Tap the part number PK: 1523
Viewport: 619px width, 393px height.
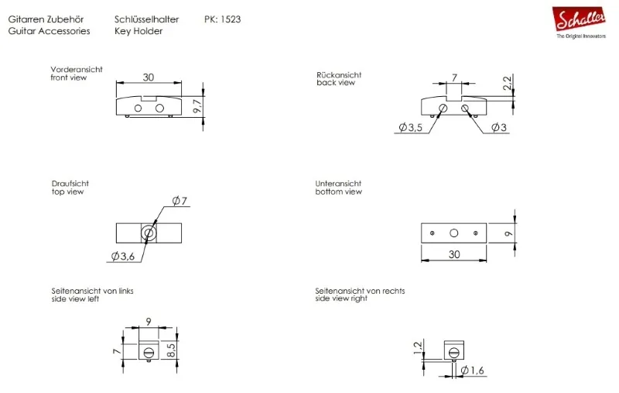[x=222, y=19]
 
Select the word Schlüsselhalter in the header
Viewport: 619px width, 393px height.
[x=146, y=19]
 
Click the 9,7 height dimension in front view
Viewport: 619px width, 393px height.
[x=197, y=106]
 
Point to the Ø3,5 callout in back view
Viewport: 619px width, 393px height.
[x=411, y=127]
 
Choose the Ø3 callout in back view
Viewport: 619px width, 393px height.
[x=499, y=127]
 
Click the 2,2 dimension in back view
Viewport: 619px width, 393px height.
[x=508, y=83]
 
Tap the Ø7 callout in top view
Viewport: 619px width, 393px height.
[x=180, y=201]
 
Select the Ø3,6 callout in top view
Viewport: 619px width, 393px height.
[x=123, y=257]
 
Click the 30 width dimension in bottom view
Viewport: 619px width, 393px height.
[x=454, y=254]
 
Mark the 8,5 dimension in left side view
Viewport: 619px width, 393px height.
[x=171, y=350]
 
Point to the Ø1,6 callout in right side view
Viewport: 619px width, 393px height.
[x=472, y=371]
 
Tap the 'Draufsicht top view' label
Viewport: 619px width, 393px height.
[x=70, y=188]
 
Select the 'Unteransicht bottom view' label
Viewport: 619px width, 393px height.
[x=339, y=188]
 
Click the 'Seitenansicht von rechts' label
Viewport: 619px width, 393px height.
[x=360, y=291]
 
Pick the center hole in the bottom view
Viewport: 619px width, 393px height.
[x=454, y=233]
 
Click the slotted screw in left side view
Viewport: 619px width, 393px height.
[x=149, y=350]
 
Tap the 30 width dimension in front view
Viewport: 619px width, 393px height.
[x=149, y=77]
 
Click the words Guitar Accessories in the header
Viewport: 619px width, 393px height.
[x=49, y=31]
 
